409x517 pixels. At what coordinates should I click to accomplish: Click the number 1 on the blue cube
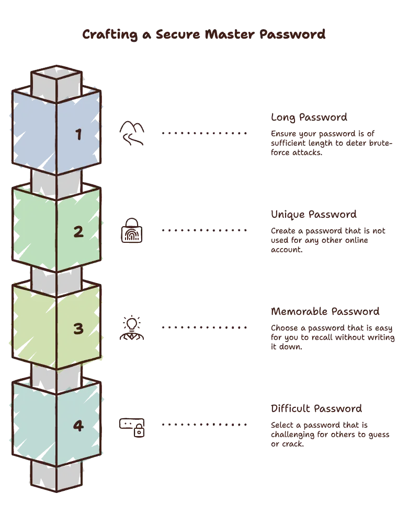click(78, 134)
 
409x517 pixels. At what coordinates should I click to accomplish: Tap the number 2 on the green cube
click(78, 231)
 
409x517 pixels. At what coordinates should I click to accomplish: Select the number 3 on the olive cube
click(78, 328)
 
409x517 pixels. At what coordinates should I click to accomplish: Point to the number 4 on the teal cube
click(78, 426)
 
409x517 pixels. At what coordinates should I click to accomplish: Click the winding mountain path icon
click(132, 133)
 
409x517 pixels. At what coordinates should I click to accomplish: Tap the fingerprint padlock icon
click(132, 230)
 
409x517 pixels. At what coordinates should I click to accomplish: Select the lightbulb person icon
click(132, 327)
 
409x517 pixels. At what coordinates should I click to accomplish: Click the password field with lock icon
click(132, 428)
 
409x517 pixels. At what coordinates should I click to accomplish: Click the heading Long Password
click(309, 118)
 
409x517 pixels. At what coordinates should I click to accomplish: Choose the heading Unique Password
click(314, 215)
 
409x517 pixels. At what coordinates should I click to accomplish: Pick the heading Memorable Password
click(325, 312)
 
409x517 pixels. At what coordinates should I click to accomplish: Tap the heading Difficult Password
click(316, 409)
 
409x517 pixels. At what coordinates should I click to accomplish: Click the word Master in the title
click(230, 34)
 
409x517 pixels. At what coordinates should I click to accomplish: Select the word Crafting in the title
click(110, 34)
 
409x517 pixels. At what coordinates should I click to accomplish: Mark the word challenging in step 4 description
click(292, 435)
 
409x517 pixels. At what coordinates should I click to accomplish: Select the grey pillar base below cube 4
click(56, 476)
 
